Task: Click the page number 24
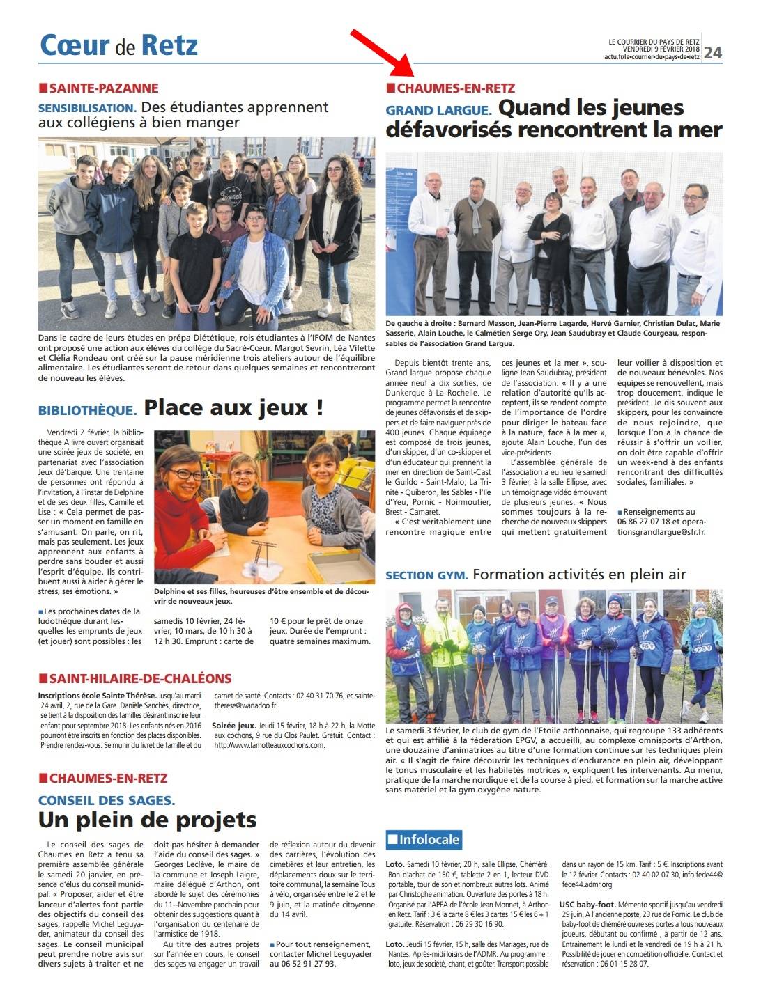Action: tap(713, 53)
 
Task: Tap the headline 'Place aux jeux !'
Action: tap(233, 407)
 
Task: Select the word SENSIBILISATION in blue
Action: tap(87, 109)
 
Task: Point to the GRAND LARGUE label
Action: tap(439, 110)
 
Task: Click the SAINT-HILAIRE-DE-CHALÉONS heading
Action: tap(139, 678)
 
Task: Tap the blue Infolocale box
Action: tap(424, 839)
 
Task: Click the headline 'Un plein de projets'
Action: tap(148, 820)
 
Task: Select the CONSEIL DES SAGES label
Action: tap(107, 800)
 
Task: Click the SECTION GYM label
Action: tap(426, 575)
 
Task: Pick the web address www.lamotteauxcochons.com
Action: tap(270, 744)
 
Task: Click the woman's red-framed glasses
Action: tap(185, 474)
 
